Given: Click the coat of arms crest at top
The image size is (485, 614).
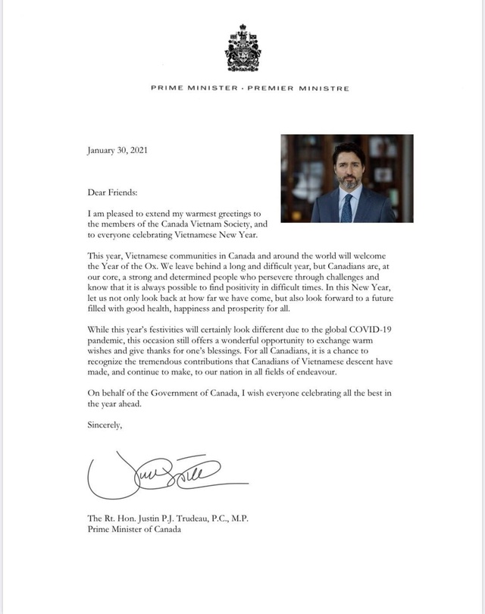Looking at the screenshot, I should [x=242, y=46].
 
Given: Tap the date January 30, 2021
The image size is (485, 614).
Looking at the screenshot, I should [x=118, y=149].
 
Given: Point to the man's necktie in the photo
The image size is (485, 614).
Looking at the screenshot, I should [x=346, y=205].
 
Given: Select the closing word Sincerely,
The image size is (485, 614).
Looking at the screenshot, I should [x=105, y=426].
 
